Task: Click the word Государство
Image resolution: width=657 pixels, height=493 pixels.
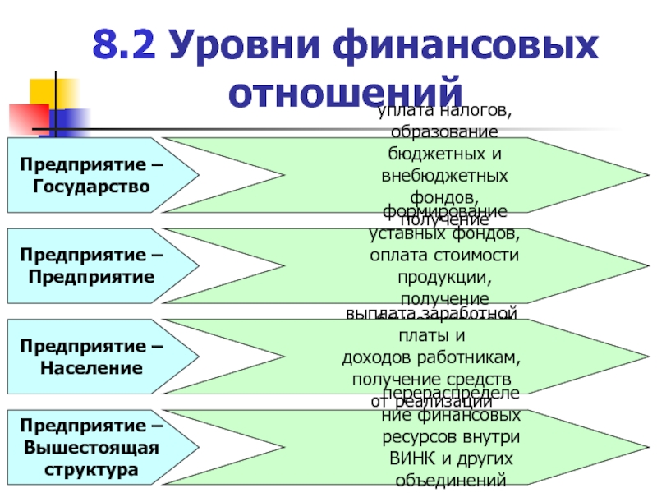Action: coord(92,187)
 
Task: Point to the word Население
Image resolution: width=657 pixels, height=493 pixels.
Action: coord(92,369)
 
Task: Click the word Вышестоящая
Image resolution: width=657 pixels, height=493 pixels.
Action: coord(92,449)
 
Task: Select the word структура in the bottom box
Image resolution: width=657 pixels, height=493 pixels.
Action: coord(92,471)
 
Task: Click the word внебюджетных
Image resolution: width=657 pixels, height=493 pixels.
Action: coord(444,176)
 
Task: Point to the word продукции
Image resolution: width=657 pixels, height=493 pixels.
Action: coord(444,276)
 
